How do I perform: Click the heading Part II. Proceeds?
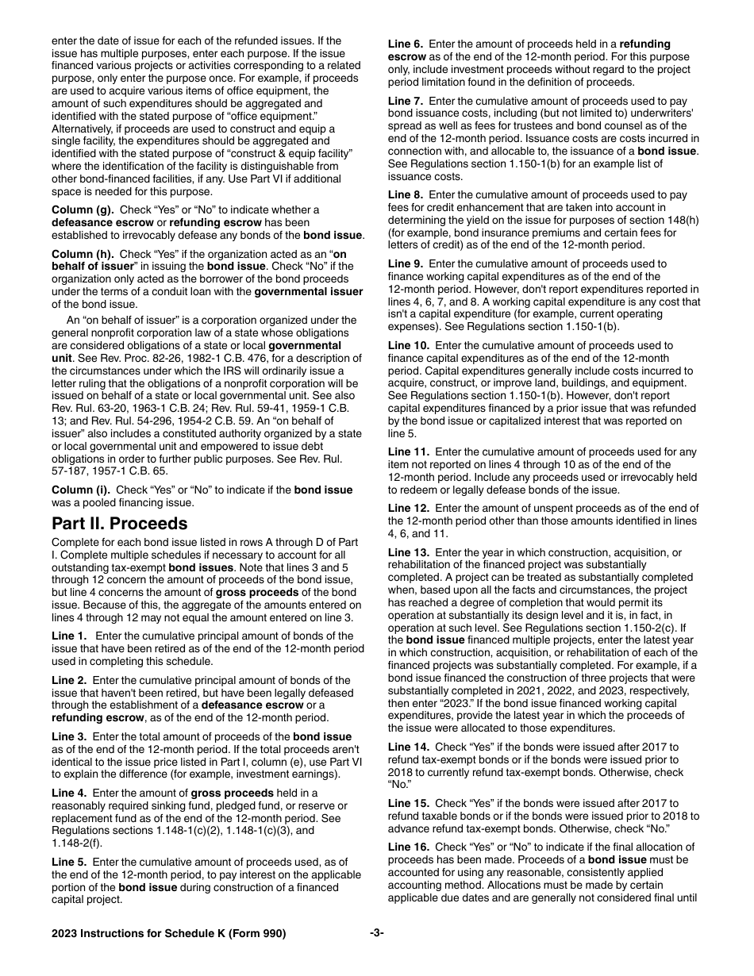coord(120,524)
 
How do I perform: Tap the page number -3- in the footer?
coord(377,933)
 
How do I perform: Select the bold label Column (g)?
coord(83,209)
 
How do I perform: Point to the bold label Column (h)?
coord(83,253)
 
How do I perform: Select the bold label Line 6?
coord(406,44)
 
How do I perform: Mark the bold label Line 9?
coord(406,263)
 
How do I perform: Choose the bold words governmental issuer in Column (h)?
coord(309,291)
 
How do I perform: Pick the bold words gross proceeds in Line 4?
coord(229,793)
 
